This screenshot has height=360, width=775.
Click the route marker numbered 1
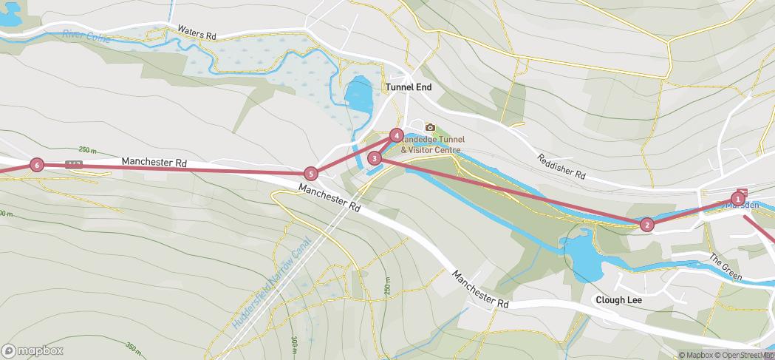[x=737, y=198]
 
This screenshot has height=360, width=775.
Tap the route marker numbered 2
[x=647, y=225]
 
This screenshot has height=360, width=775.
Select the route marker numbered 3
[x=375, y=157]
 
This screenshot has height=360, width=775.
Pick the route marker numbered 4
[x=397, y=135]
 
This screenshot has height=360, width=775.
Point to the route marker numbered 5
[x=311, y=174]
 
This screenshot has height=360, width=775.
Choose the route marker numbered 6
[x=37, y=165]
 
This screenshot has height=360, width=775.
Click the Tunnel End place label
[x=408, y=86]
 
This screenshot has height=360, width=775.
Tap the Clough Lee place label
[x=619, y=300]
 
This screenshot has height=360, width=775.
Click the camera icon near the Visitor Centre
[x=430, y=127]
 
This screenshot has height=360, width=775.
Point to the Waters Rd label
[x=197, y=33]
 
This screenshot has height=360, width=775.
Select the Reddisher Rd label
[x=561, y=167]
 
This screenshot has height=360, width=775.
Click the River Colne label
[x=86, y=35]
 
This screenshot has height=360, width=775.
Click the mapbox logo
[x=33, y=350]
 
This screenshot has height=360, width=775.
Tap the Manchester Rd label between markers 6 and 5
[x=154, y=161]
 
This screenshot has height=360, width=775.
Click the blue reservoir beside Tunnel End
[x=359, y=96]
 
